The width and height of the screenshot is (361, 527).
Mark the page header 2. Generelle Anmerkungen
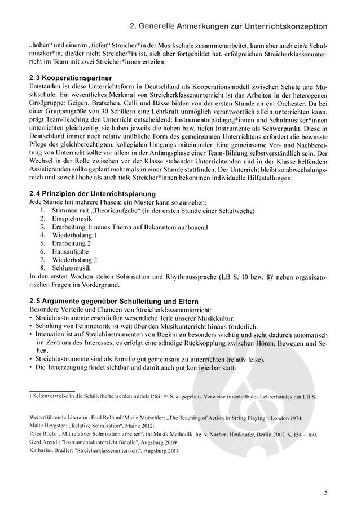click(x=228, y=26)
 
